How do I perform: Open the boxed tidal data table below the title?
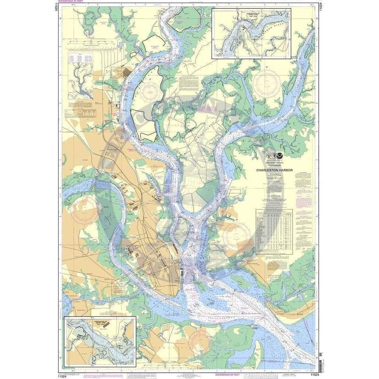click(x=274, y=231)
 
